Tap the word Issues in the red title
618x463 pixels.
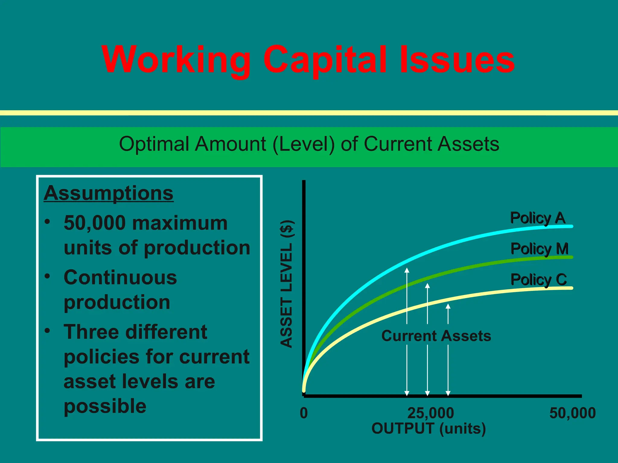click(x=457, y=60)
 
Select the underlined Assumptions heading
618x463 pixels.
click(x=109, y=193)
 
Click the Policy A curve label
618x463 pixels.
click(x=537, y=218)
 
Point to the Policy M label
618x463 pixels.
click(x=539, y=249)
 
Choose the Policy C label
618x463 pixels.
click(x=539, y=280)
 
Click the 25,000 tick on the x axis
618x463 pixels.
click(x=431, y=413)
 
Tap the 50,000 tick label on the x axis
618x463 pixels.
click(x=572, y=413)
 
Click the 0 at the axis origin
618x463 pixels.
click(x=304, y=413)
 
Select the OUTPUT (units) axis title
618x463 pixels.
click(x=428, y=428)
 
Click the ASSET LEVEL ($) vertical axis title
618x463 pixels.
click(x=286, y=284)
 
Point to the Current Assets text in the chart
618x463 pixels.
click(x=436, y=336)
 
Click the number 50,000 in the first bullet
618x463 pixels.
click(x=95, y=223)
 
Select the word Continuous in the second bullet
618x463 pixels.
click(x=120, y=278)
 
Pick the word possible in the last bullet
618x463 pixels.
click(x=105, y=406)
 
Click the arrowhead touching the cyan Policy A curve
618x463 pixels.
click(x=407, y=270)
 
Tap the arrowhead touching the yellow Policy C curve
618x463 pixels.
click(x=448, y=306)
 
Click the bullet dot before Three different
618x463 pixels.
click(x=47, y=331)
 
